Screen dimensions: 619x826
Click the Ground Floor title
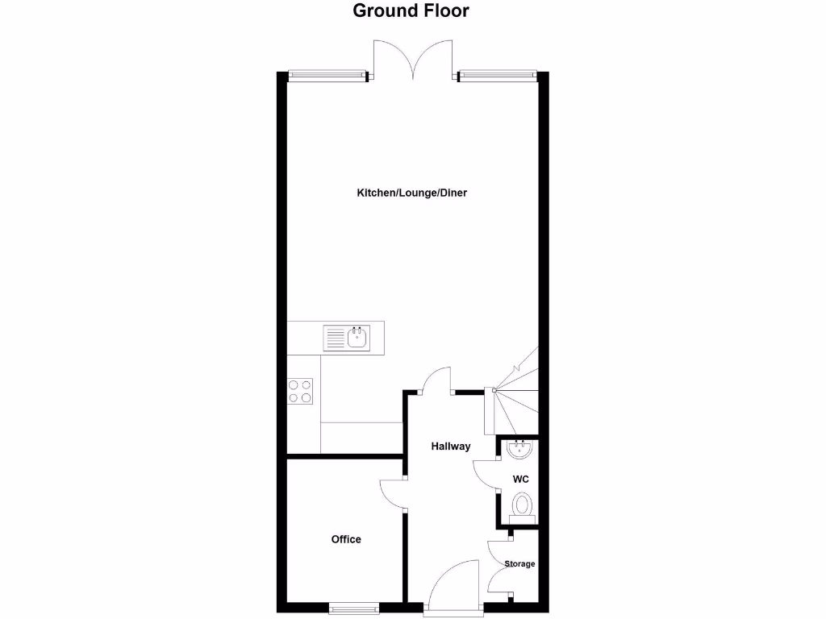pyautogui.click(x=411, y=11)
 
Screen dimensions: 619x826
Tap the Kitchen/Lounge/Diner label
pyautogui.click(x=412, y=193)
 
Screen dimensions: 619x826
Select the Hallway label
pyautogui.click(x=450, y=447)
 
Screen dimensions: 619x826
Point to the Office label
pyautogui.click(x=346, y=539)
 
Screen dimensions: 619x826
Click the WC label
pyautogui.click(x=521, y=480)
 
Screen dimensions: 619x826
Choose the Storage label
pyautogui.click(x=519, y=564)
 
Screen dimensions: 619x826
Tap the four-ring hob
pyautogui.click(x=300, y=392)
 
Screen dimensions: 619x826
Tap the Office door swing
pyautogui.click(x=393, y=492)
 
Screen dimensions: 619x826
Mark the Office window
pyautogui.click(x=353, y=608)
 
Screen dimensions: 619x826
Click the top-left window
pyautogui.click(x=326, y=77)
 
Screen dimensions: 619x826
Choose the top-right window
pyautogui.click(x=497, y=77)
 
